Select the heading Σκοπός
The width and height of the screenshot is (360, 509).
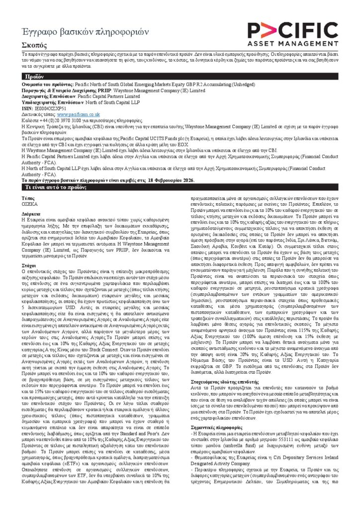(x=32, y=45)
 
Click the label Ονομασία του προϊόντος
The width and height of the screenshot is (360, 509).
(x=48, y=86)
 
